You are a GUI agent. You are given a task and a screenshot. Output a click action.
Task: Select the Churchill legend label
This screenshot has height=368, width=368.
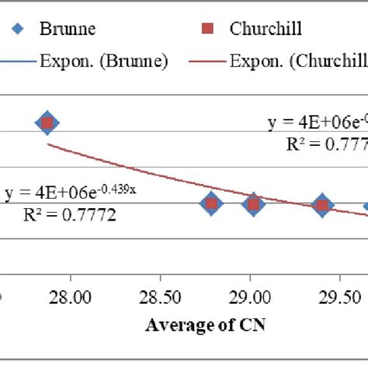(x=265, y=30)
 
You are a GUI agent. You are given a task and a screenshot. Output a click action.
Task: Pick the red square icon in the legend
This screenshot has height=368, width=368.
(x=206, y=30)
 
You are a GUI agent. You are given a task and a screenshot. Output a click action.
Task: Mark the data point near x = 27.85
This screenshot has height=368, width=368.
(x=48, y=123)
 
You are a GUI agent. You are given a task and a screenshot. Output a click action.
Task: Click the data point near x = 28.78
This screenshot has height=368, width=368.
(x=210, y=204)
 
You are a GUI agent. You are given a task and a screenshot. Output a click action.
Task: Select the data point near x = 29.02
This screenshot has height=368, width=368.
(x=253, y=204)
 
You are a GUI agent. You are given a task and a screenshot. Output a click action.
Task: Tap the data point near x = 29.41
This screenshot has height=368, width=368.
(x=322, y=206)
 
